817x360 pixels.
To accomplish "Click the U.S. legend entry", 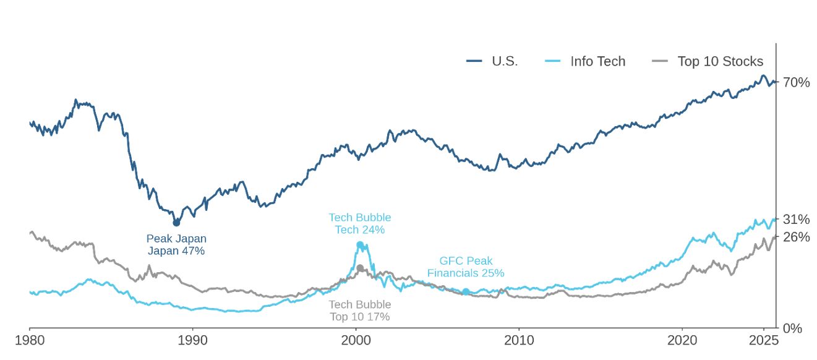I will (x=493, y=61).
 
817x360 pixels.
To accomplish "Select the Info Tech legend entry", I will (x=586, y=61).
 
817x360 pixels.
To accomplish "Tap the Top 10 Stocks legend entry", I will (x=708, y=61).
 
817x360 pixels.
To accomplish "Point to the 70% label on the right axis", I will (x=796, y=82).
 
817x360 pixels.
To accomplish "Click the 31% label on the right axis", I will (x=796, y=220).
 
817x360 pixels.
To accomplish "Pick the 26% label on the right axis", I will (x=796, y=237).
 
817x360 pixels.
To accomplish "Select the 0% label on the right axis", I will (x=792, y=328).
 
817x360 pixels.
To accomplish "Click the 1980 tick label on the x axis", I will (x=29, y=340).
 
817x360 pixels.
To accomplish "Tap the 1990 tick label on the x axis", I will (x=192, y=340).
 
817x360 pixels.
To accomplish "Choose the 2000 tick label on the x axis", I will (x=356, y=340).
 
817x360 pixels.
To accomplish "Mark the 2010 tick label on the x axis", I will (x=519, y=340).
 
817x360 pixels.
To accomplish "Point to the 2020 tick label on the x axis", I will (x=682, y=340).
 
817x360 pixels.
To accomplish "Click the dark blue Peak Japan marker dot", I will (x=176, y=223).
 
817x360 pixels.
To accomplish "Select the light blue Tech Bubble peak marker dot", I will (x=360, y=245).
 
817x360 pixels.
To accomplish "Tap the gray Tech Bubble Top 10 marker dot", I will (x=360, y=268).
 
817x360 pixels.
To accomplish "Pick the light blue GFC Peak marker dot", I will (x=466, y=291).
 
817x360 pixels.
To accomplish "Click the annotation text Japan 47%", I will (x=176, y=251).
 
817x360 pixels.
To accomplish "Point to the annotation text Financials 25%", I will (x=466, y=273).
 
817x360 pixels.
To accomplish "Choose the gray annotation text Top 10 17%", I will (x=359, y=317).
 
